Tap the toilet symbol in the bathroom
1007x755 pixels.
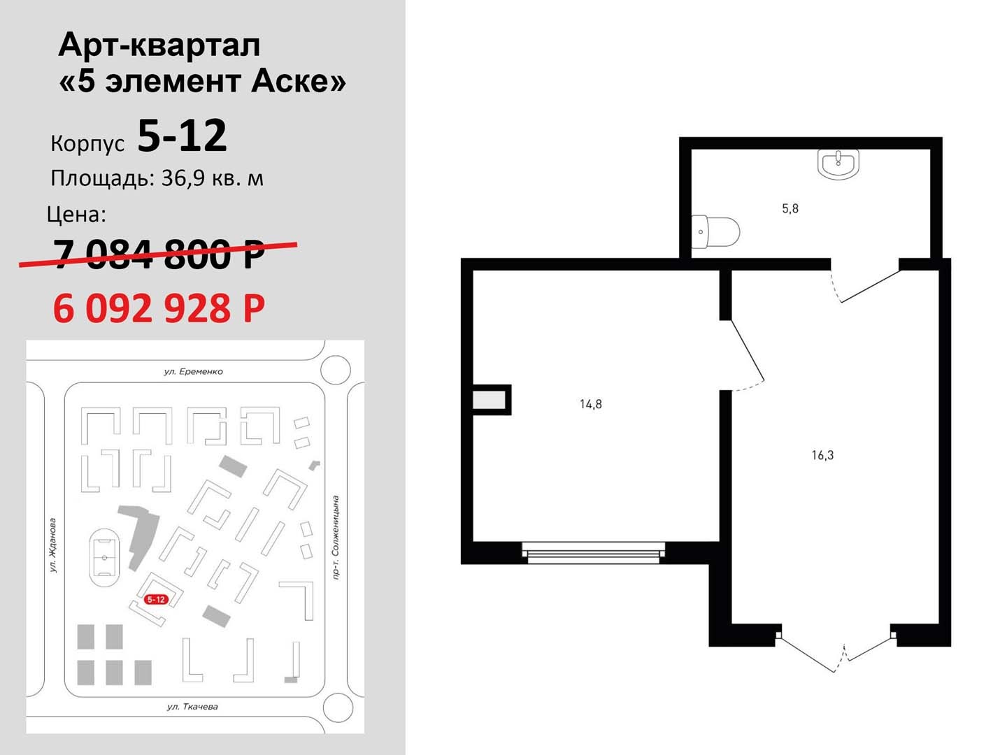pos(715,232)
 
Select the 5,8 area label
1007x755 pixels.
pos(790,208)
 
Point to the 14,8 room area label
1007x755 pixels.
pos(590,404)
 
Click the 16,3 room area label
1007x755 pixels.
pos(822,455)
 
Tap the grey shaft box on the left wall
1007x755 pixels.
pos(489,400)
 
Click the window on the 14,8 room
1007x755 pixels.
pos(594,552)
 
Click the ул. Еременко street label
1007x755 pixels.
pos(193,371)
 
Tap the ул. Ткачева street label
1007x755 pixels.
pos(192,706)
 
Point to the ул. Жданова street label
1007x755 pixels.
pos(54,545)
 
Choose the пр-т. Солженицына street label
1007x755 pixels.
pos(336,538)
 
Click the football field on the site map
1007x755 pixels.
pos(105,557)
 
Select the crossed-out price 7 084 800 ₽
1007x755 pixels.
pos(159,254)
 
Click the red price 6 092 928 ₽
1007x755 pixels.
pos(159,308)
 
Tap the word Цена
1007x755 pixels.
pos(77,215)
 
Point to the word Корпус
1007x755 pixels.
pos(87,143)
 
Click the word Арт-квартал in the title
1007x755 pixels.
pos(159,46)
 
